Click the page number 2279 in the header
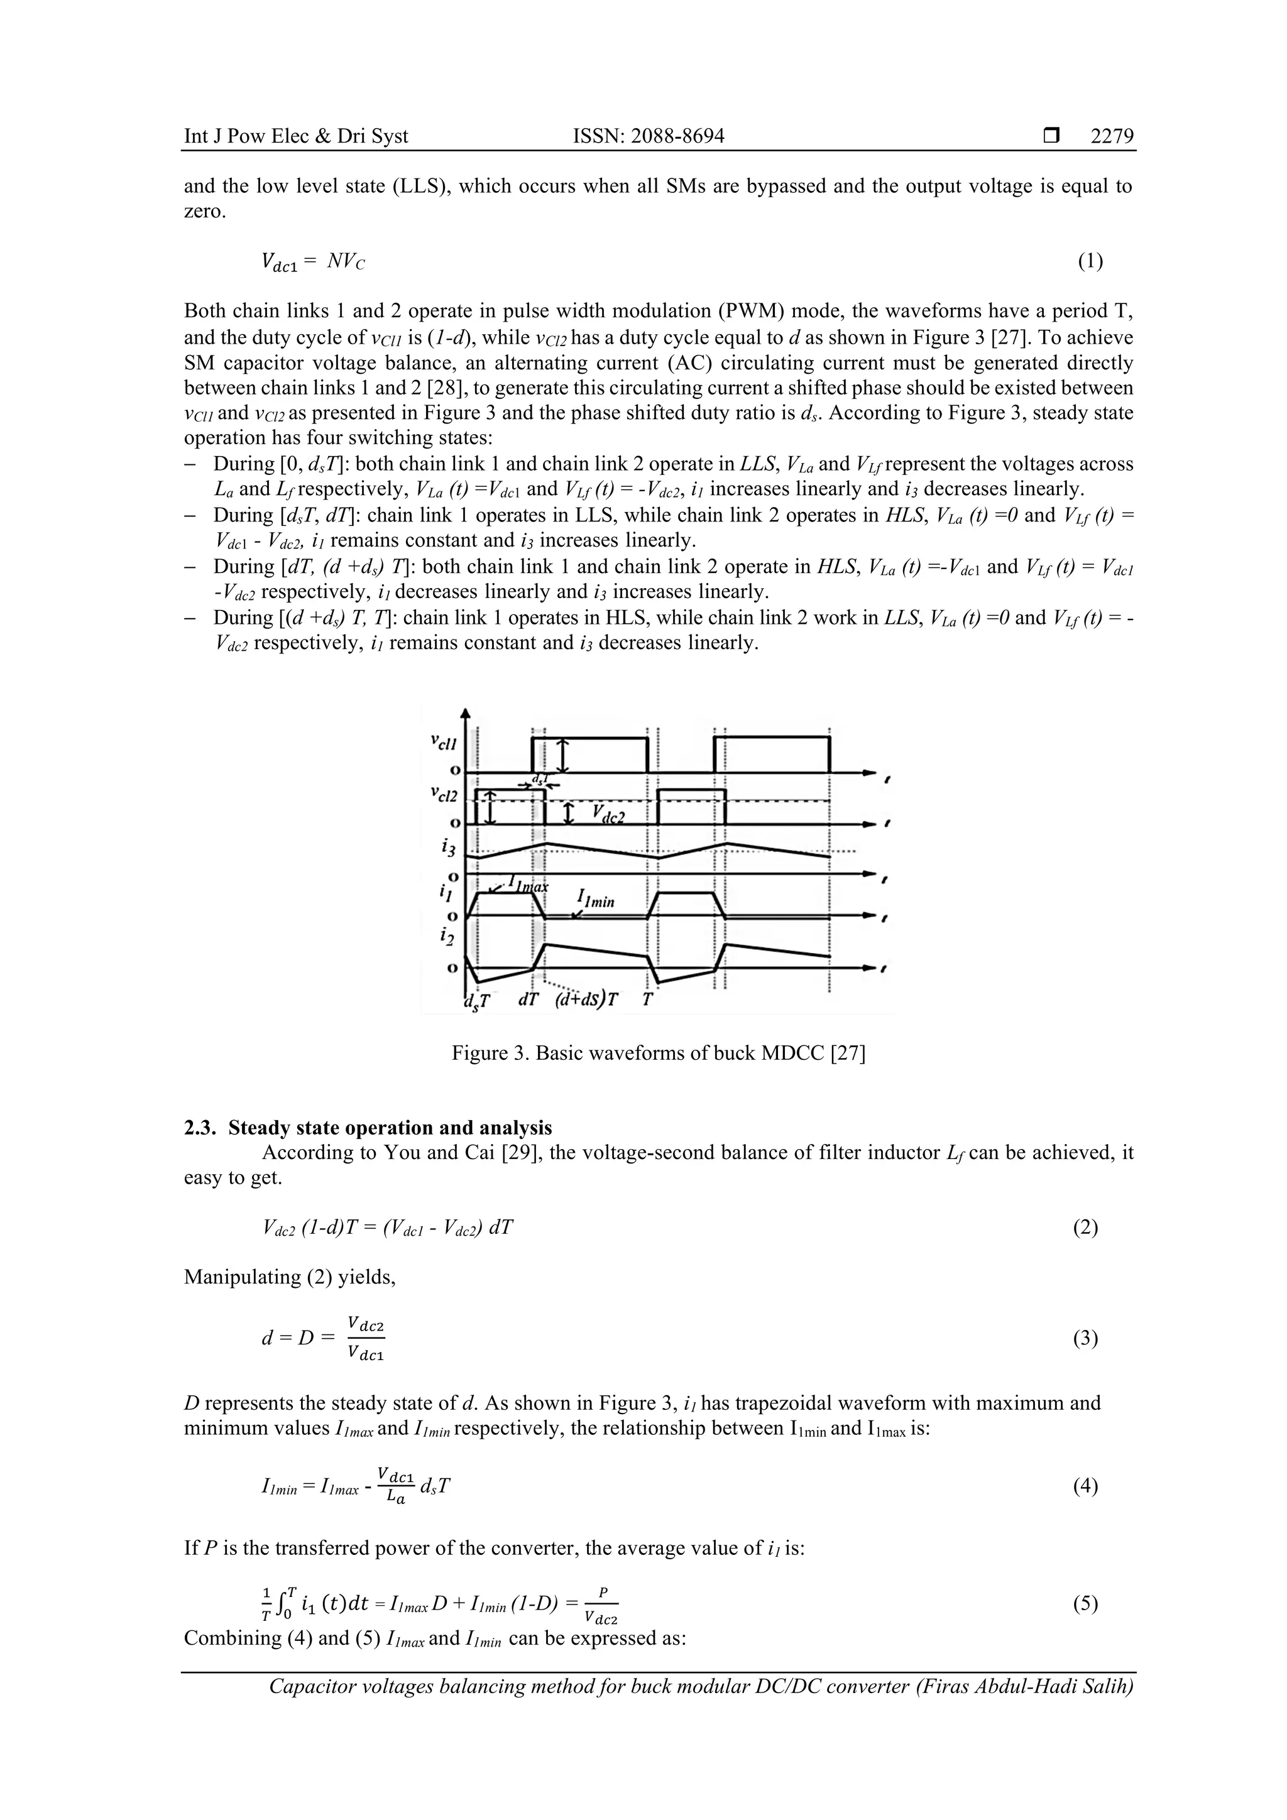coord(1112,136)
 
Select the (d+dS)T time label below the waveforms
coord(586,1000)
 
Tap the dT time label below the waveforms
coord(529,1000)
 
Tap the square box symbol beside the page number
coord(1051,136)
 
